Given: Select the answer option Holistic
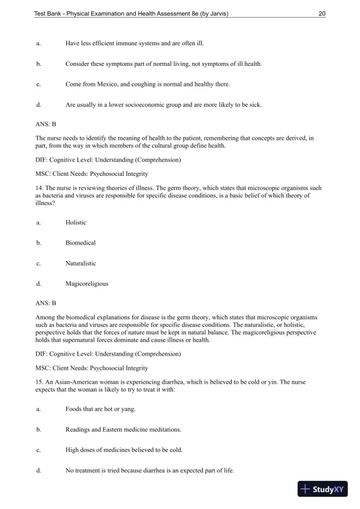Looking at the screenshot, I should click(76, 222).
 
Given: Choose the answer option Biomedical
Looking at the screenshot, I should click(81, 243).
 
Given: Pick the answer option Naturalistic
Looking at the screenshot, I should click(81, 263).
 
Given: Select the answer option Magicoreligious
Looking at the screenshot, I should click(86, 283).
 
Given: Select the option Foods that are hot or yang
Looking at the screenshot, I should click(100, 408).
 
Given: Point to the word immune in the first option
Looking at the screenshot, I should click(124, 43).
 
